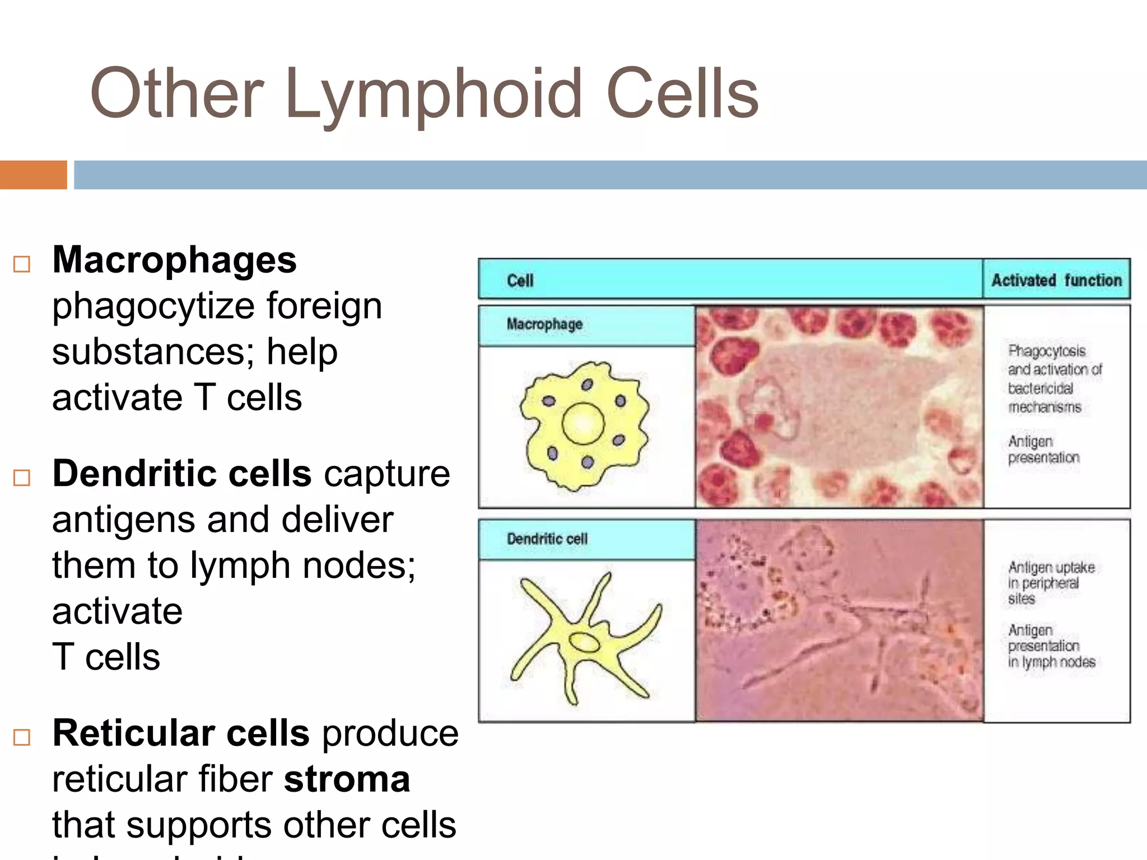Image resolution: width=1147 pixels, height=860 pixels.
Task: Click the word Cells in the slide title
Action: pyautogui.click(x=682, y=94)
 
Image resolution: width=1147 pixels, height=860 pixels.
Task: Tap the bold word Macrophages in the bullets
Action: pyautogui.click(x=174, y=260)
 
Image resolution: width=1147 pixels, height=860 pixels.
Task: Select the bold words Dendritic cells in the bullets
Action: pyautogui.click(x=181, y=474)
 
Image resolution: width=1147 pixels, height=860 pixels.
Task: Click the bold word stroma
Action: pyautogui.click(x=347, y=779)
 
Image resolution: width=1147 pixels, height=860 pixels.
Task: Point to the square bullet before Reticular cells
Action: pyautogui.click(x=22, y=737)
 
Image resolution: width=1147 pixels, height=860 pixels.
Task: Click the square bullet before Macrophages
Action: pyautogui.click(x=22, y=264)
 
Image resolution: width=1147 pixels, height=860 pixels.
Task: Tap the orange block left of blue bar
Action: pyautogui.click(x=33, y=175)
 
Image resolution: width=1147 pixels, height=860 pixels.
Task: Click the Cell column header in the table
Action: pyautogui.click(x=520, y=281)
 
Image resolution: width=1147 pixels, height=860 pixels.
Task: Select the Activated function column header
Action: pyautogui.click(x=1056, y=280)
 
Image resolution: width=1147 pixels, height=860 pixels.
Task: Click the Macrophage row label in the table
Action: pyautogui.click(x=544, y=324)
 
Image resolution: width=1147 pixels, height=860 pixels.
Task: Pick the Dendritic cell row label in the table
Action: pyautogui.click(x=547, y=539)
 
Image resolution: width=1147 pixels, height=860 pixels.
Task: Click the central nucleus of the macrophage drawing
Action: pyautogui.click(x=583, y=424)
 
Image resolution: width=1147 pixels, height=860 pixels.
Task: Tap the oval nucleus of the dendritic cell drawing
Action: pyautogui.click(x=584, y=642)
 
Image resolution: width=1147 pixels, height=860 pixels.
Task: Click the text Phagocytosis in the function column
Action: pyautogui.click(x=1047, y=351)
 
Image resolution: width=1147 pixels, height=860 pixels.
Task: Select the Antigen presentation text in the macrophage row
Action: pyautogui.click(x=1043, y=450)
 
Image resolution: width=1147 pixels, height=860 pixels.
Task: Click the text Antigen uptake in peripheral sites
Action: pyautogui.click(x=1051, y=583)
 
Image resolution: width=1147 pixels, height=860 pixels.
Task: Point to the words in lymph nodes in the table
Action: pyautogui.click(x=1051, y=662)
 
